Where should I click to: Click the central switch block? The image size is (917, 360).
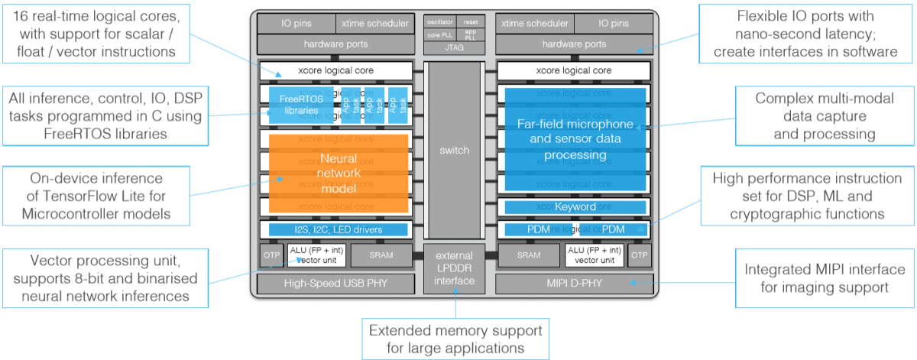455,151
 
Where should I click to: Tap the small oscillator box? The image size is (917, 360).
439,22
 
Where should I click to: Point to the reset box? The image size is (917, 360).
471,22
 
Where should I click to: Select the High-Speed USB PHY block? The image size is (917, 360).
335,284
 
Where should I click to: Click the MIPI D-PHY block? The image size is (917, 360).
574,284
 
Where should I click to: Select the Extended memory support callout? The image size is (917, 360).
455,339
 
